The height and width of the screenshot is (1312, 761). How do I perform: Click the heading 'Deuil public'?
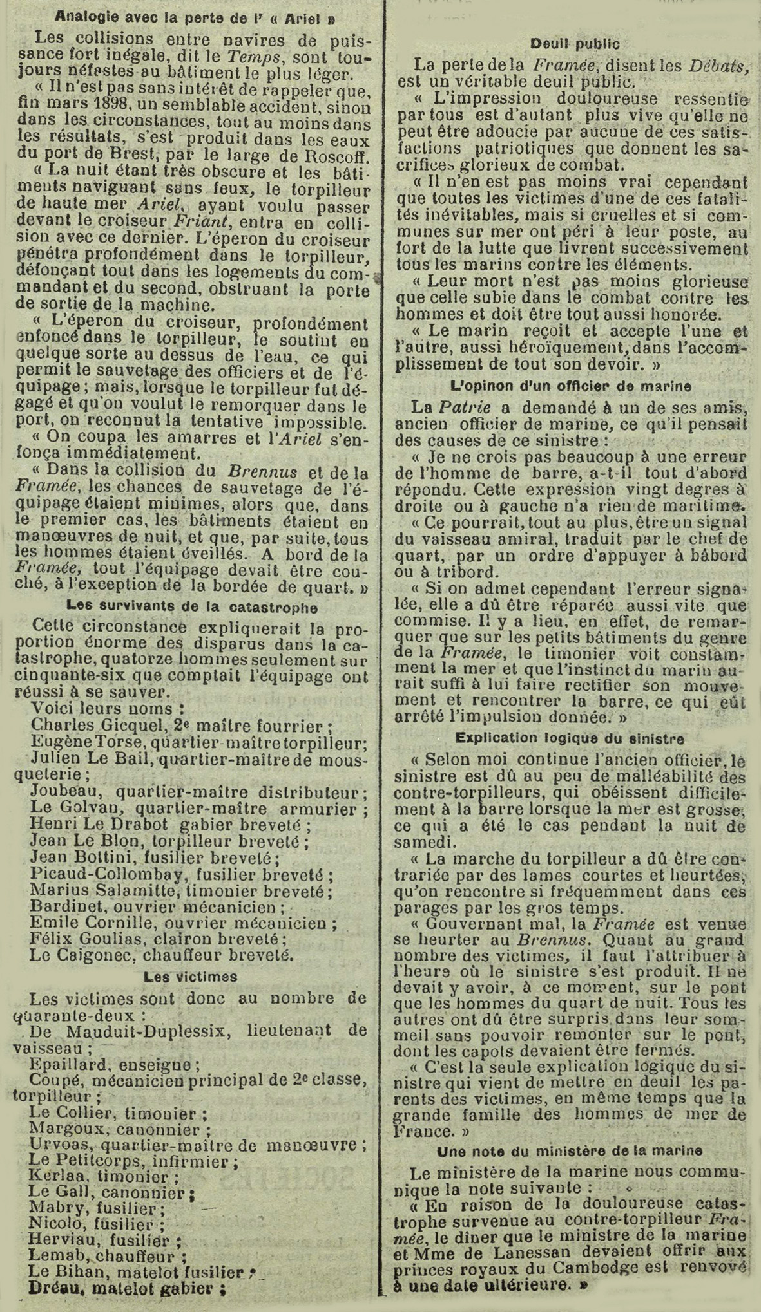[575, 44]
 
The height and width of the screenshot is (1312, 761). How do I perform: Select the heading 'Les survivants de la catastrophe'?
[191, 606]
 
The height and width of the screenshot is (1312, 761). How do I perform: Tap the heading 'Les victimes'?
[190, 977]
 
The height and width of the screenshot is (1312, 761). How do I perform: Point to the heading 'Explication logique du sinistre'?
[570, 738]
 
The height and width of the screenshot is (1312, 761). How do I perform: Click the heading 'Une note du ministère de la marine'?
[570, 1150]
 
